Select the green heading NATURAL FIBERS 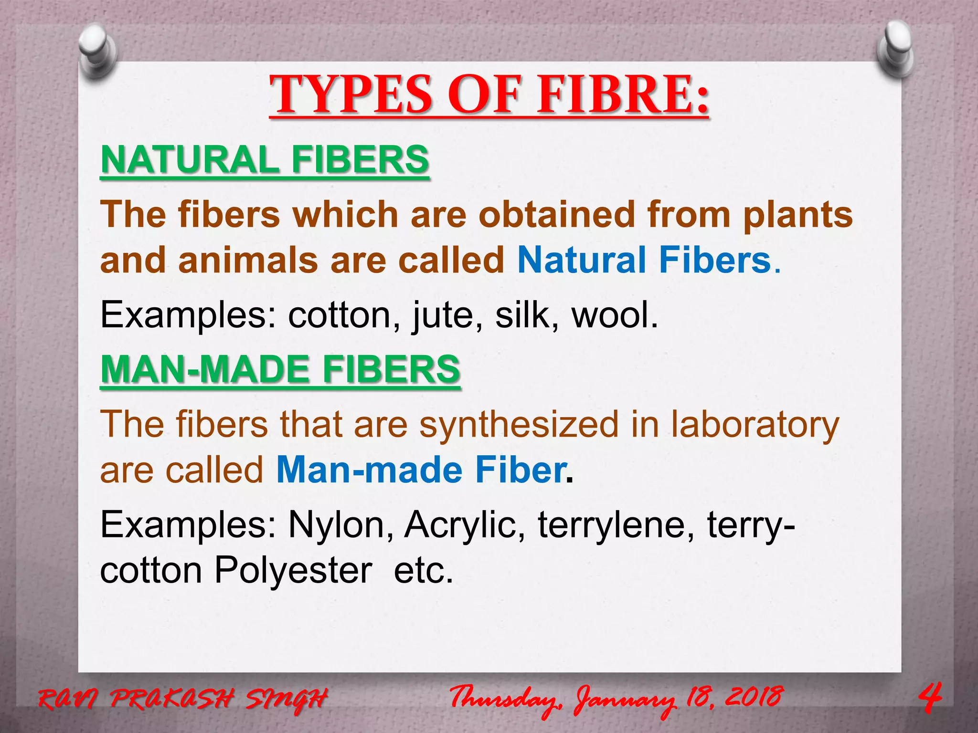pos(265,160)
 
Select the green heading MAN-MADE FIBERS pos(280,369)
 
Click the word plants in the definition pos(797,215)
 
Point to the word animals pos(248,261)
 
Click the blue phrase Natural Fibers pos(644,261)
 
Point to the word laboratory pos(755,425)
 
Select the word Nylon pos(341,525)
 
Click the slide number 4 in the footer pos(930,698)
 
